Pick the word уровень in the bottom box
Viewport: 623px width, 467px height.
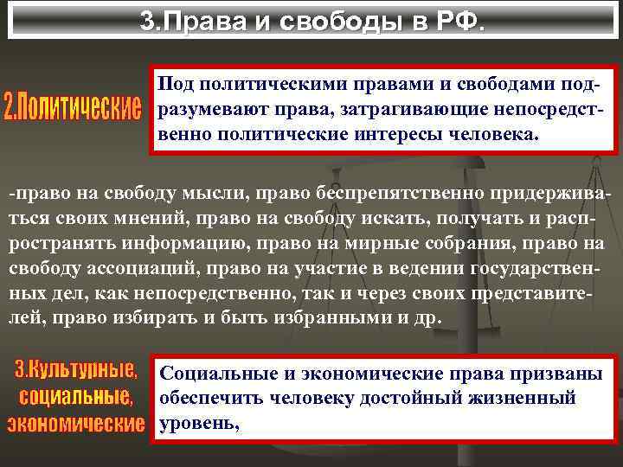[x=197, y=424]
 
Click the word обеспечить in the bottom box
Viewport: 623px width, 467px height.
[x=209, y=399]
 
